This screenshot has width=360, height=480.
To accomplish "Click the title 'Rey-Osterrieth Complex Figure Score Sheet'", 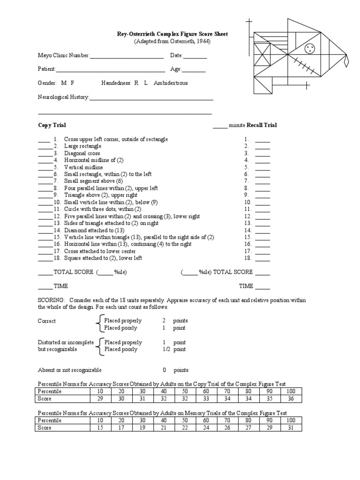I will coord(172,34).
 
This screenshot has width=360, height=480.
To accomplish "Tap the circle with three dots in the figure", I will coord(309,48).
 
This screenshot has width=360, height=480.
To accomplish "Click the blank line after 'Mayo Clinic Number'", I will coord(127,56).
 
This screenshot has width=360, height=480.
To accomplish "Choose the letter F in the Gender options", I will coord(72,83).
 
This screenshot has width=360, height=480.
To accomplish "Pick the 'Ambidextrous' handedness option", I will coord(171,83).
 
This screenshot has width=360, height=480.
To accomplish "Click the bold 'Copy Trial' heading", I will coord(52,125).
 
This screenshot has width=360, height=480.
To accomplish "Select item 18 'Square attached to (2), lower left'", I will coord(103,258).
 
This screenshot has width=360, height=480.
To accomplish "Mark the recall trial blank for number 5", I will coord(262,167).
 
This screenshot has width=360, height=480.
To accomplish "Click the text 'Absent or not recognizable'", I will coord(69,370).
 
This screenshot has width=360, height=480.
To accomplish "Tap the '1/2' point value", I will coord(165,349).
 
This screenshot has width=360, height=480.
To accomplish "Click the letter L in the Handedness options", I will coord(146,83).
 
